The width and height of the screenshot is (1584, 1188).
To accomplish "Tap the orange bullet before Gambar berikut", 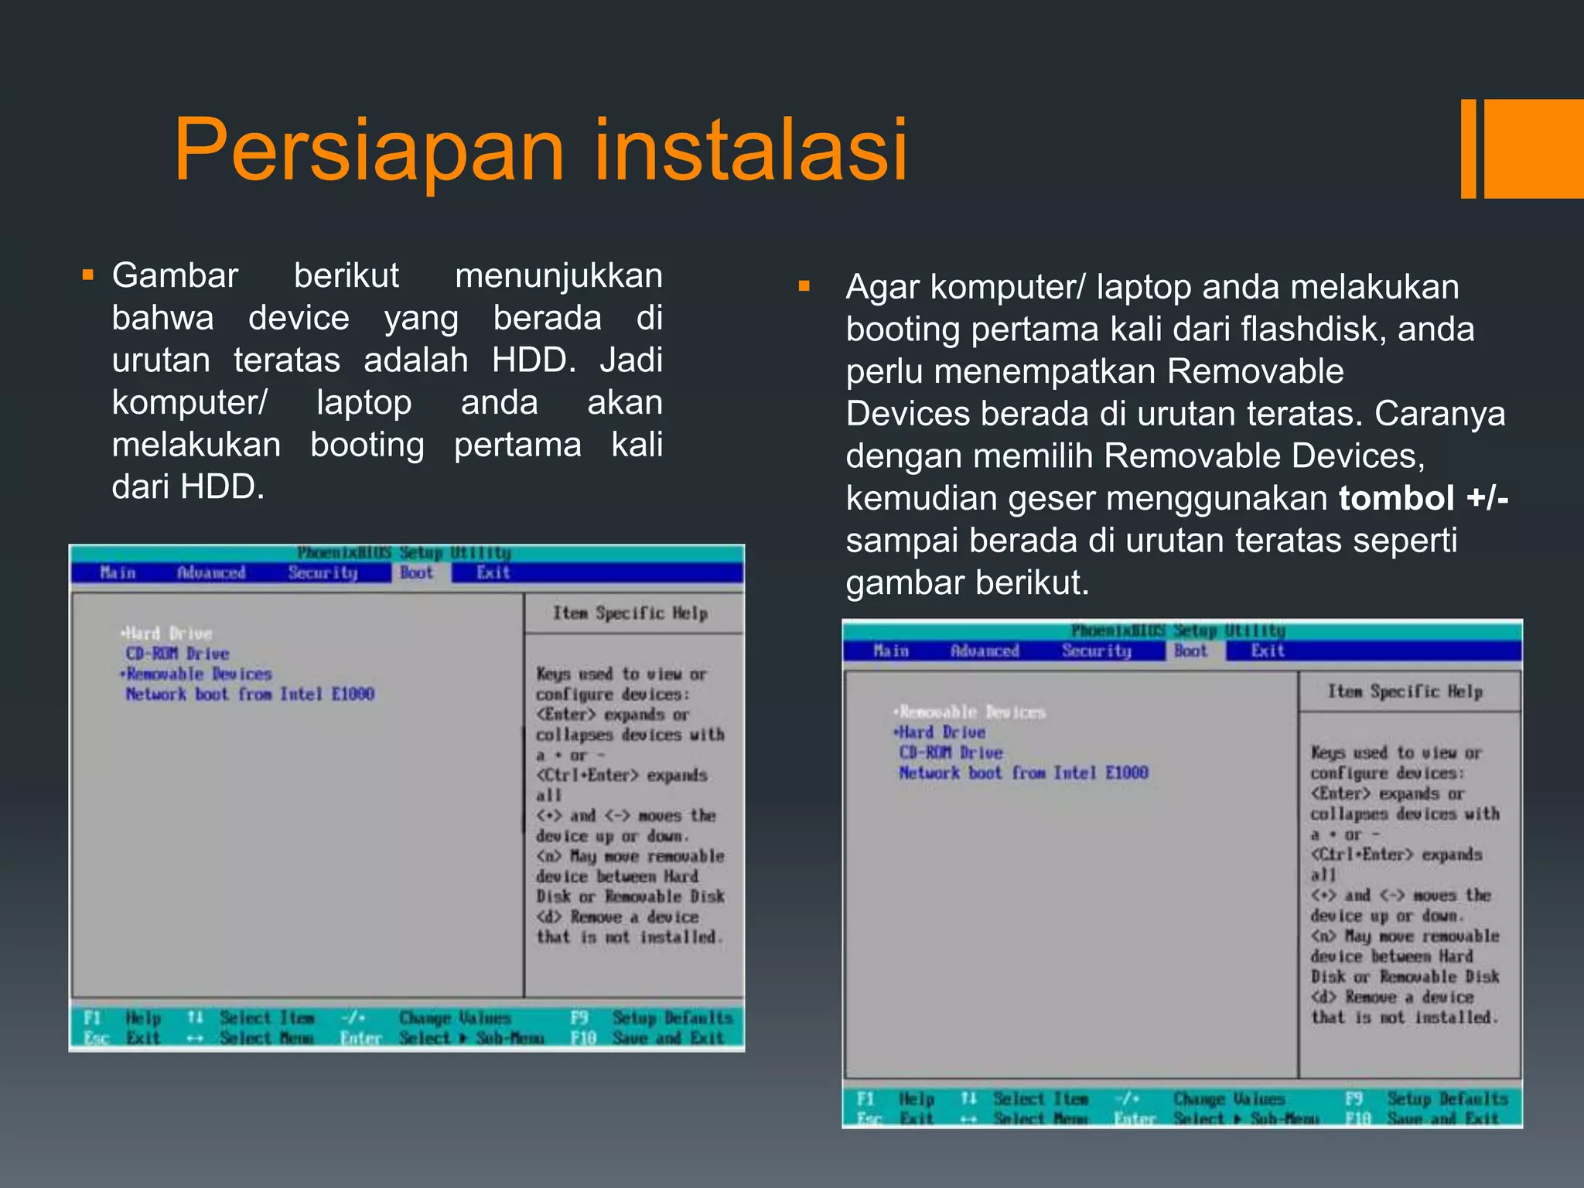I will [x=87, y=275].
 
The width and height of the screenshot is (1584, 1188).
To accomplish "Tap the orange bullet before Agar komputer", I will [x=804, y=287].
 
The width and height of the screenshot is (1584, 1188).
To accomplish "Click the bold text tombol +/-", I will [x=1423, y=498].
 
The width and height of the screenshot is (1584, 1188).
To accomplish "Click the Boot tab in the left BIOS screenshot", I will [x=416, y=573].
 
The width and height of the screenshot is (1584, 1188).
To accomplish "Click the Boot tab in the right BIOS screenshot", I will [x=1190, y=651].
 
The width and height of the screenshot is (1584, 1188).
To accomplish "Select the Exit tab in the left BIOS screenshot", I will [x=493, y=573].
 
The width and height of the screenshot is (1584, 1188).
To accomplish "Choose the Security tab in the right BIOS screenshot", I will [x=1096, y=651].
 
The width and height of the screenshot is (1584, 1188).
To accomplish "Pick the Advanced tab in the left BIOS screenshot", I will [x=210, y=573].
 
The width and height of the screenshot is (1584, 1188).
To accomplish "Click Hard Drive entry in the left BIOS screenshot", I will [x=169, y=633].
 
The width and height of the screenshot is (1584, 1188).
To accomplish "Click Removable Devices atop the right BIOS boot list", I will [x=972, y=712].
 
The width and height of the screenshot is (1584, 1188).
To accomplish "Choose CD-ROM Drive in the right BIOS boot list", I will [x=951, y=753].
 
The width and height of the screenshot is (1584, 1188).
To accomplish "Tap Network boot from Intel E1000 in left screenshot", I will [x=250, y=695].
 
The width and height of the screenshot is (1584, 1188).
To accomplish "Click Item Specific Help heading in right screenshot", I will [x=1405, y=691].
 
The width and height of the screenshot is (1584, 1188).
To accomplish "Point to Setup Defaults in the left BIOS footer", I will [x=671, y=1018].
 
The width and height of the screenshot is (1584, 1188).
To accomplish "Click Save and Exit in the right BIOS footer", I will [x=1442, y=1118].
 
